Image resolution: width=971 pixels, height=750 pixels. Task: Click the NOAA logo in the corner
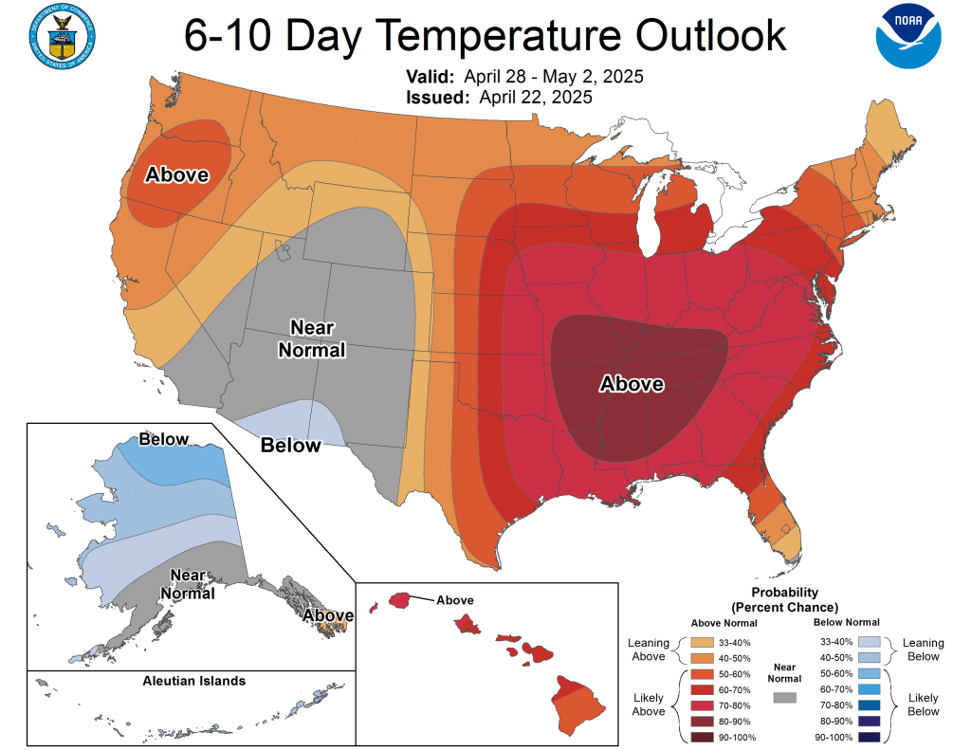coord(908,37)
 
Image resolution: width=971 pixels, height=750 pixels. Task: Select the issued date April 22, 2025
coord(536,97)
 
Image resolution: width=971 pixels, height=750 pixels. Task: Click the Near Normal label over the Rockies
coord(311,338)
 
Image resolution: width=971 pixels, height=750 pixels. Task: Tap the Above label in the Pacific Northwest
coord(176,174)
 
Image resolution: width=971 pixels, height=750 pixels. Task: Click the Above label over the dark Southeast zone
coord(632,384)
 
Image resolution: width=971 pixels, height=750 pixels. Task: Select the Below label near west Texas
coord(290,445)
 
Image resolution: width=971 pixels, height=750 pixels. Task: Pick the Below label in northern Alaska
coord(164,439)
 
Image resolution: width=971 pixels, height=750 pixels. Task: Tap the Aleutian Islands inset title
coord(193,681)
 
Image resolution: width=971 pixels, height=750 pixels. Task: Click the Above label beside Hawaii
coord(454,600)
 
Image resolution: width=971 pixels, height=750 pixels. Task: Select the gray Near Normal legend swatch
coord(785,697)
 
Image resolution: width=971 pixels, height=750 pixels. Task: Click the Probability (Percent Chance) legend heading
coord(784,599)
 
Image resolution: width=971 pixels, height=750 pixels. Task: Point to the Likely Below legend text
coord(923,704)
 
